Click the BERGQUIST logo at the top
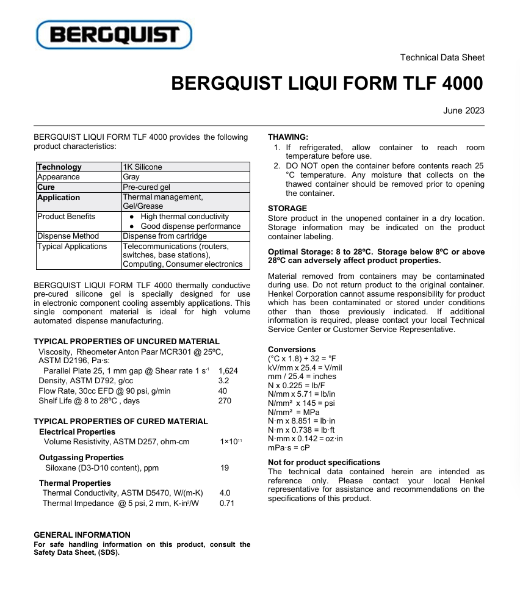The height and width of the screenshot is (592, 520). [114, 35]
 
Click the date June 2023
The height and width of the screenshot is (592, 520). [464, 110]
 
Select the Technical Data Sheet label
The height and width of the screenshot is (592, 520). [442, 57]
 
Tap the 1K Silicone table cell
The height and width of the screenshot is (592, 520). [143, 167]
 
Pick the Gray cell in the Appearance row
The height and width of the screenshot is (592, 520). [131, 177]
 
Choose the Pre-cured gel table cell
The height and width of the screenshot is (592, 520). [146, 187]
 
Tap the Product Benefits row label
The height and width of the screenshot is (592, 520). [67, 217]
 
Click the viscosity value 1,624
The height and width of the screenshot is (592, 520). [228, 370]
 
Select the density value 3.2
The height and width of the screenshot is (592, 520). [223, 381]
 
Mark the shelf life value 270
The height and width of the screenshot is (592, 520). [225, 401]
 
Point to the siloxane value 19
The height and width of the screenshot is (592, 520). [224, 467]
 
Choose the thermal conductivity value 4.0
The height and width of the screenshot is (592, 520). [225, 493]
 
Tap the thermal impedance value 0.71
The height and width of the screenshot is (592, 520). [226, 504]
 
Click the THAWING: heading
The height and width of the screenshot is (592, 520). [288, 137]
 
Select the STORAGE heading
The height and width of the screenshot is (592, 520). [287, 208]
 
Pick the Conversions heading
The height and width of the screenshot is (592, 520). [292, 350]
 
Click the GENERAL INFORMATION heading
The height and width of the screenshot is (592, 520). [82, 535]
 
